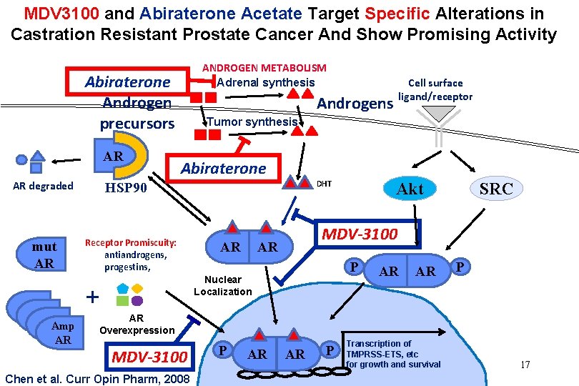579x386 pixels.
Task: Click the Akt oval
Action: coord(410,189)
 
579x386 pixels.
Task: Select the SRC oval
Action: coord(496,189)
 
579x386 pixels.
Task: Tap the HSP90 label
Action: coord(125,189)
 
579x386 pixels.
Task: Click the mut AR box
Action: coord(44,254)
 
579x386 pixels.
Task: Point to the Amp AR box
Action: coord(63,333)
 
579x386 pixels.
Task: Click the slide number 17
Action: coord(525,365)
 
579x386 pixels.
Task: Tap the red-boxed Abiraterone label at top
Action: coord(127,81)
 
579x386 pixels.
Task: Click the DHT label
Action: coord(324,184)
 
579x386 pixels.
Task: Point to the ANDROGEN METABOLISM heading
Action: coord(264,68)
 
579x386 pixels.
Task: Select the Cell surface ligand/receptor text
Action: coord(435,90)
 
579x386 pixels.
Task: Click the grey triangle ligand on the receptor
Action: coord(437,113)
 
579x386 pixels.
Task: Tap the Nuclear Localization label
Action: coord(222,285)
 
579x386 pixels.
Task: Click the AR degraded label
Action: coord(43,186)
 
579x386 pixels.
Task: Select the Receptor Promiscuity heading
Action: coord(131,242)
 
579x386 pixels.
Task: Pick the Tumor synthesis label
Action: coord(252,122)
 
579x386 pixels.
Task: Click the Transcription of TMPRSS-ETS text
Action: coord(392,354)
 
